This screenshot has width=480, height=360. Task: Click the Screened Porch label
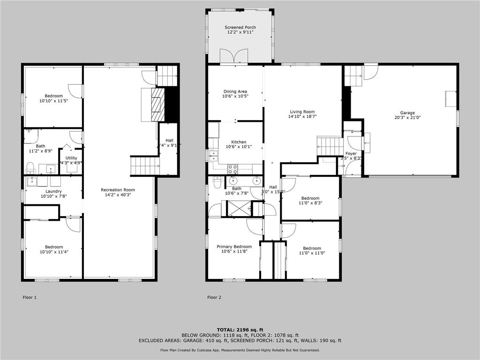tap(240, 28)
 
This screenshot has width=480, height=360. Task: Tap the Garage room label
tap(407, 113)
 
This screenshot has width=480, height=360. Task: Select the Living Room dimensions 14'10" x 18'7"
tap(303, 117)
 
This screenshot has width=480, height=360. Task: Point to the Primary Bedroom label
tap(234, 247)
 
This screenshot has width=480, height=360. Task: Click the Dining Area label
tap(235, 91)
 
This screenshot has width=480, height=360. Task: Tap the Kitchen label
tap(239, 142)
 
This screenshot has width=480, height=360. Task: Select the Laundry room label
tap(53, 191)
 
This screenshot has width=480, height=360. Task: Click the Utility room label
tap(71, 158)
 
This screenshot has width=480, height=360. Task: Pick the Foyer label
tap(351, 154)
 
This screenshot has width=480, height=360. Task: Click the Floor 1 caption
tap(30, 297)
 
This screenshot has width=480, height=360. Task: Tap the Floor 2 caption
tap(214, 297)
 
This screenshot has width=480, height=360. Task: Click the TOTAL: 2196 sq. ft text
tap(240, 330)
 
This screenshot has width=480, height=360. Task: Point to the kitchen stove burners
tap(232, 169)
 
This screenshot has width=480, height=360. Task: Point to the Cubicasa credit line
tap(240, 350)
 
